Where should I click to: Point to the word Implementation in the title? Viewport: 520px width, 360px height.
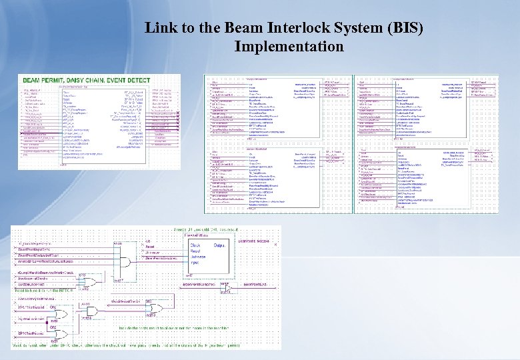pyautogui.click(x=289, y=47)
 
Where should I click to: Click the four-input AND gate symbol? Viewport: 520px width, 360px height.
pyautogui.click(x=121, y=253)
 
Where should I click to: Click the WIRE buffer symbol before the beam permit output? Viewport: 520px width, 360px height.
pyautogui.click(x=225, y=285)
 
